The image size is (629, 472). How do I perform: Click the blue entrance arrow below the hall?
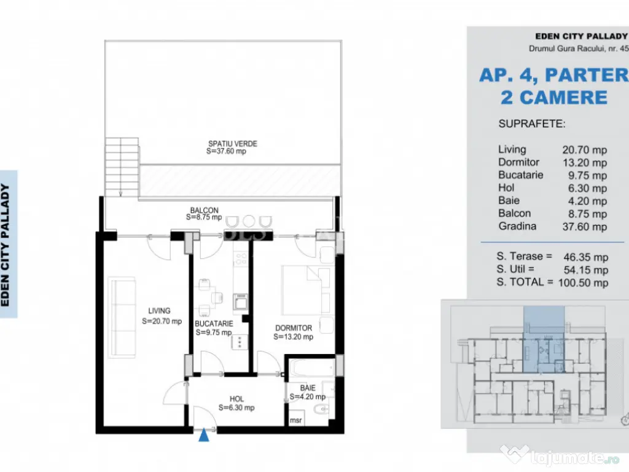(204, 435)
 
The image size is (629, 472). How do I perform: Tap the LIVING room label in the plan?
(159, 310)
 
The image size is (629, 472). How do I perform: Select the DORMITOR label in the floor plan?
(294, 328)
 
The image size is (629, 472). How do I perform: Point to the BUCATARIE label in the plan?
(214, 323)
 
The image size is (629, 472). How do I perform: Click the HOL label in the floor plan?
(236, 399)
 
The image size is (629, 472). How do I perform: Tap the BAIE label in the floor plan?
(308, 388)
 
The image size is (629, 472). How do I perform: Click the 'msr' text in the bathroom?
(295, 420)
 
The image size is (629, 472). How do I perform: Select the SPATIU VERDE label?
(233, 144)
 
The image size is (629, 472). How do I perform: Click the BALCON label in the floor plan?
(204, 210)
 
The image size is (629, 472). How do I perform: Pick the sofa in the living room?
(122, 317)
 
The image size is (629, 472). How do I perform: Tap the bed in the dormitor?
(306, 290)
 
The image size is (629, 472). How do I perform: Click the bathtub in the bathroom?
(311, 368)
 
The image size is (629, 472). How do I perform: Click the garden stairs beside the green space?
(122, 167)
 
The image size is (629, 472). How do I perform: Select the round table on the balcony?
(249, 221)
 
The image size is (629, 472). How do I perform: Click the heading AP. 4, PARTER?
(553, 75)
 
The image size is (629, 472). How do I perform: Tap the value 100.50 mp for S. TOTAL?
(584, 283)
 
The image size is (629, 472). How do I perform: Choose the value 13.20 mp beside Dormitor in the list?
(585, 162)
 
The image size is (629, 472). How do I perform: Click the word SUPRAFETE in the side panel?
(532, 124)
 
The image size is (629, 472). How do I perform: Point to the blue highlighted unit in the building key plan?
(544, 339)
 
